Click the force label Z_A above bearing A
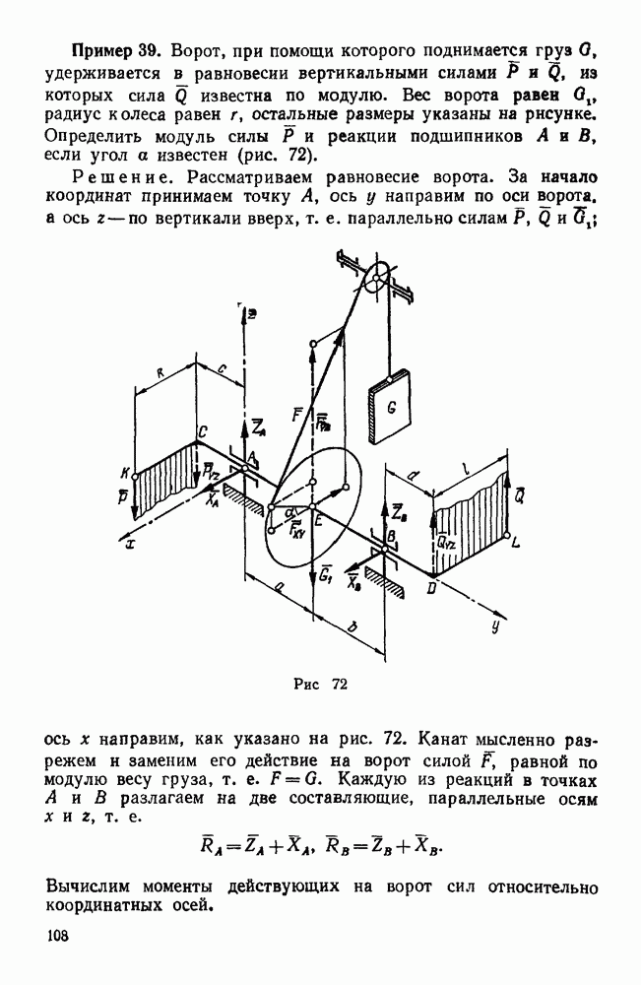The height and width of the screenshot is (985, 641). [257, 427]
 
